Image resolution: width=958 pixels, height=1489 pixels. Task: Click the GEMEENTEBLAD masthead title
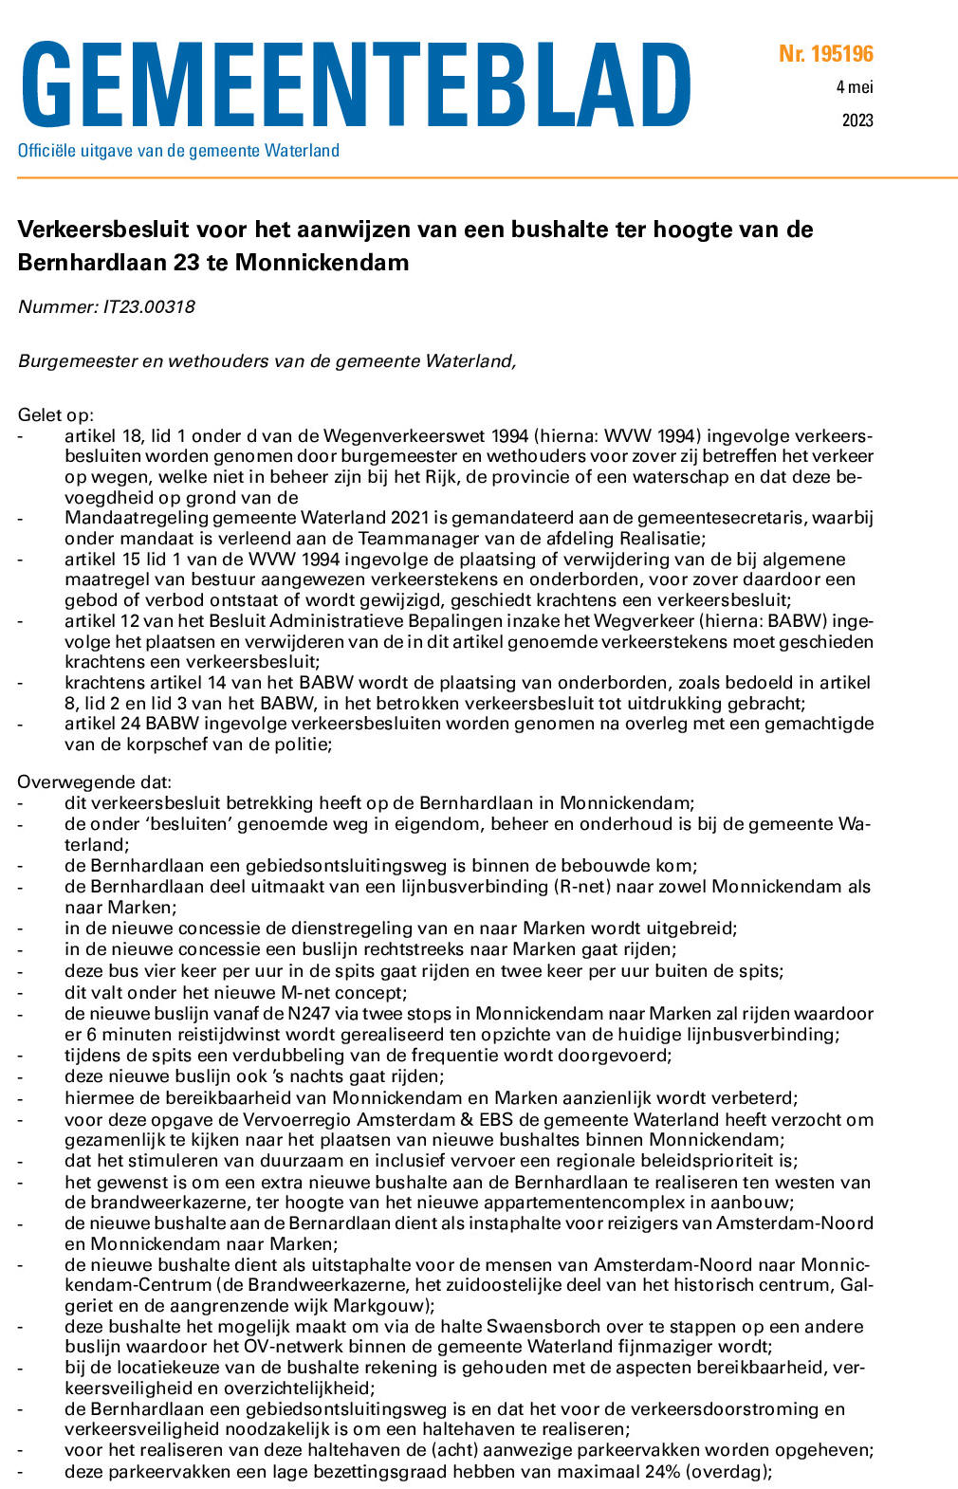tap(355, 86)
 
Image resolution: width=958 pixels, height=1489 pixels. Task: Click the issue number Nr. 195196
tap(825, 54)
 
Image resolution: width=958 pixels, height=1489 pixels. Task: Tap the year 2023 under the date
tap(857, 120)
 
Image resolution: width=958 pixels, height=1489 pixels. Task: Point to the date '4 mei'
tap(855, 87)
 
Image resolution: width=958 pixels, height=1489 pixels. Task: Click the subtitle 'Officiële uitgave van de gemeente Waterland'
tap(178, 151)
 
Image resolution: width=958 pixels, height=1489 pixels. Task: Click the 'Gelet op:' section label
tap(56, 415)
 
